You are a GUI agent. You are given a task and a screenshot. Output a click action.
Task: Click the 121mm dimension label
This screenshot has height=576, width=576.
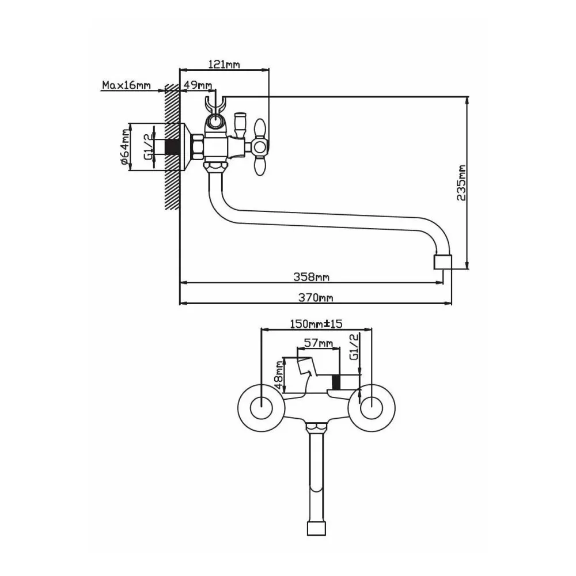(224, 65)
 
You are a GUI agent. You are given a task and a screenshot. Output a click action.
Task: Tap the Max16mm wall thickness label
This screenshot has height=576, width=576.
(126, 85)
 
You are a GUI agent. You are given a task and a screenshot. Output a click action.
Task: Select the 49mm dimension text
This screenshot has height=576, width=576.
(197, 85)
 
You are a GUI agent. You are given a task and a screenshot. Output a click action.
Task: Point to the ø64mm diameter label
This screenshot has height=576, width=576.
(125, 147)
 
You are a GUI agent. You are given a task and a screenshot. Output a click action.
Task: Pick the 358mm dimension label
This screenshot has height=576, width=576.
(311, 276)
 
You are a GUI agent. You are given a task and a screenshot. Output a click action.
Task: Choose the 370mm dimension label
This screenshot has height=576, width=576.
(316, 298)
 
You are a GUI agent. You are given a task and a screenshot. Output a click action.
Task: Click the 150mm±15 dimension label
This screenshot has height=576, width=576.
(316, 324)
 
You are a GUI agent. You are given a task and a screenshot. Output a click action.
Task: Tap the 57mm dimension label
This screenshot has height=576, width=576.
(319, 343)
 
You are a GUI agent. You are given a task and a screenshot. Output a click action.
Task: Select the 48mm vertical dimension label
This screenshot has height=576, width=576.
(279, 375)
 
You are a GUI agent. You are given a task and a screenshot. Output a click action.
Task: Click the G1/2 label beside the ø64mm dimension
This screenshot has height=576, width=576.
(148, 146)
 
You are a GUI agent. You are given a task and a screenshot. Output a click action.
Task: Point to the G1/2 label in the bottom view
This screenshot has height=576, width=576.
(354, 347)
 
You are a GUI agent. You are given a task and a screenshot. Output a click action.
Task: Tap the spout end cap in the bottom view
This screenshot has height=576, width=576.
(316, 528)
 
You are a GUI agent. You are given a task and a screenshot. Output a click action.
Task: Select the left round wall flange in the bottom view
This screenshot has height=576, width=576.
(261, 408)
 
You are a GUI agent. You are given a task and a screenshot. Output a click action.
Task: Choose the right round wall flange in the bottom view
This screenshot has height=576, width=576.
(372, 408)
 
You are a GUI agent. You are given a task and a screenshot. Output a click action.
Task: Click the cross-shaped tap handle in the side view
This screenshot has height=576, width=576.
(260, 147)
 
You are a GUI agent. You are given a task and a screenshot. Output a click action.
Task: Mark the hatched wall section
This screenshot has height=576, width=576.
(172, 146)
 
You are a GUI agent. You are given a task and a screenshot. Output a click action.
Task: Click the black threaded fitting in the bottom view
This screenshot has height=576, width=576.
(336, 382)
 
